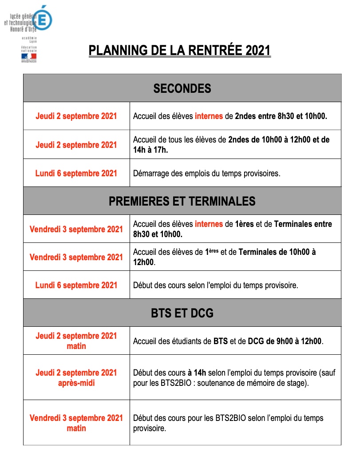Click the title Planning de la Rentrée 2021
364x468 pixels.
pyautogui.click(x=179, y=50)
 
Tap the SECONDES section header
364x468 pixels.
pyautogui.click(x=182, y=88)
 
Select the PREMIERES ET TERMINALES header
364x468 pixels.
pyautogui.click(x=182, y=201)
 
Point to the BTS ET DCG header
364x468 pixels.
pyautogui.click(x=182, y=313)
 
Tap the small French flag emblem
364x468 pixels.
pyautogui.click(x=29, y=57)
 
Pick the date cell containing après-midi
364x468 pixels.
pyautogui.click(x=76, y=377)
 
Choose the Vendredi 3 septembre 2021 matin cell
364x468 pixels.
pyautogui.click(x=76, y=423)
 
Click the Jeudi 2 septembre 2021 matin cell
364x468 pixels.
pyautogui.click(x=76, y=341)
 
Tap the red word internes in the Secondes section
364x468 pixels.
pyautogui.click(x=209, y=116)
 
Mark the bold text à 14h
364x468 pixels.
pyautogui.click(x=196, y=373)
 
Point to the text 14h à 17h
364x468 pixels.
pyautogui.click(x=150, y=150)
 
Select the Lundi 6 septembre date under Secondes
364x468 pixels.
pyautogui.click(x=76, y=173)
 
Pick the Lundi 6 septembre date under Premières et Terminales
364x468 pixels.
pyautogui.click(x=76, y=285)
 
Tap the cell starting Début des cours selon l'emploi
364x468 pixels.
pyautogui.click(x=215, y=285)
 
